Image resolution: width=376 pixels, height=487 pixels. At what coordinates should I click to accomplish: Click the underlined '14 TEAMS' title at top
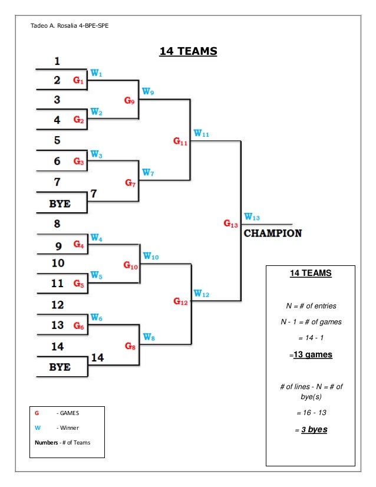click(x=188, y=52)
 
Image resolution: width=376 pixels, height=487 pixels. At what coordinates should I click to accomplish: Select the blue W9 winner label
click(x=149, y=91)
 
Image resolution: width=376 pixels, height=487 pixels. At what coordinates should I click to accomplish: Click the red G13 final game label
click(x=230, y=223)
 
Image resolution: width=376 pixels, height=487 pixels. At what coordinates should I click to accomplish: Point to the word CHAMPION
click(x=272, y=233)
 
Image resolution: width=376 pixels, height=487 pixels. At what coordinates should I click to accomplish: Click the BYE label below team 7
click(x=60, y=203)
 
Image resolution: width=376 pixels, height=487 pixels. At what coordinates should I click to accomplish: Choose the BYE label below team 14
click(x=60, y=367)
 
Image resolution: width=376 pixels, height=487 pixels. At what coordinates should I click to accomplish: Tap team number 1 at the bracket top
click(x=57, y=60)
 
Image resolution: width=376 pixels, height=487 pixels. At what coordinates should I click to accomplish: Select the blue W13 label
click(x=252, y=217)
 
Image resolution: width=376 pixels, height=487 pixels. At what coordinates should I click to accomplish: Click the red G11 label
click(x=180, y=142)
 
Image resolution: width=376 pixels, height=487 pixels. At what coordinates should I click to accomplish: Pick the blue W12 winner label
click(x=202, y=293)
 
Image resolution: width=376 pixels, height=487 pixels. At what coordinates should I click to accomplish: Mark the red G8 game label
click(x=130, y=346)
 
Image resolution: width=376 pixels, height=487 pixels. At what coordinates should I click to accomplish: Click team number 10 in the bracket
click(x=58, y=262)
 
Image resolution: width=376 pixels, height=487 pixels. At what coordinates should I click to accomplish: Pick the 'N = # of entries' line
click(x=311, y=305)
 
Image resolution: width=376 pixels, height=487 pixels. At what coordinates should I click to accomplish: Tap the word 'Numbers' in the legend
click(x=44, y=442)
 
